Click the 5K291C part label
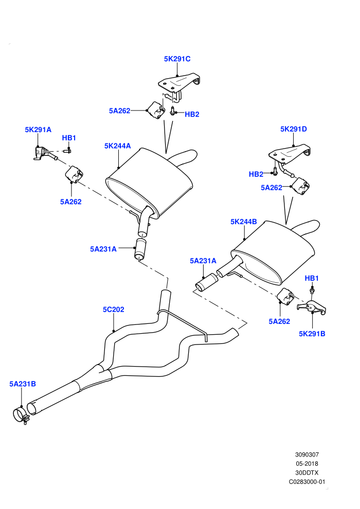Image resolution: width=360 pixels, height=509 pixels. click(177, 59)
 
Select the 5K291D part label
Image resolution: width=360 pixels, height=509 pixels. click(294, 129)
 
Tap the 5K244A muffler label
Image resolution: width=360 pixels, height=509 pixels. click(117, 146)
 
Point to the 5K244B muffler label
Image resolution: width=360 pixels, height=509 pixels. click(243, 222)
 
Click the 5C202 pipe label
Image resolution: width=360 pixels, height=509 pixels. click(113, 310)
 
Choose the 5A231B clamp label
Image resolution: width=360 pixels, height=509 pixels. click(23, 384)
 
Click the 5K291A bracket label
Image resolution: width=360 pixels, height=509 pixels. click(38, 130)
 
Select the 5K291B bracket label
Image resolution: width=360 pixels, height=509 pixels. click(312, 333)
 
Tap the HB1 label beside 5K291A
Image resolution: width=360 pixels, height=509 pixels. click(69, 138)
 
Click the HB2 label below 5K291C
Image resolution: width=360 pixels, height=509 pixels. click(192, 114)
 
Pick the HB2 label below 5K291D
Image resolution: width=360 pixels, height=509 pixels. click(256, 174)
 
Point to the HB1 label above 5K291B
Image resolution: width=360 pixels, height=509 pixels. click(312, 278)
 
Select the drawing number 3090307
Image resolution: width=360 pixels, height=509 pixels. click(307, 455)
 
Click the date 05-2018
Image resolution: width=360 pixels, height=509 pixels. click(307, 464)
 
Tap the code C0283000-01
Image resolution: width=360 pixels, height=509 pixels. click(307, 482)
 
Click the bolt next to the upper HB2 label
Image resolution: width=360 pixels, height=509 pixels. click(172, 111)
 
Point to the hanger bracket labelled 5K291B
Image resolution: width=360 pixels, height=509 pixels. click(311, 307)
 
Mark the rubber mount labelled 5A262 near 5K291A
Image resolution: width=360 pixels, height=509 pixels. click(74, 174)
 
